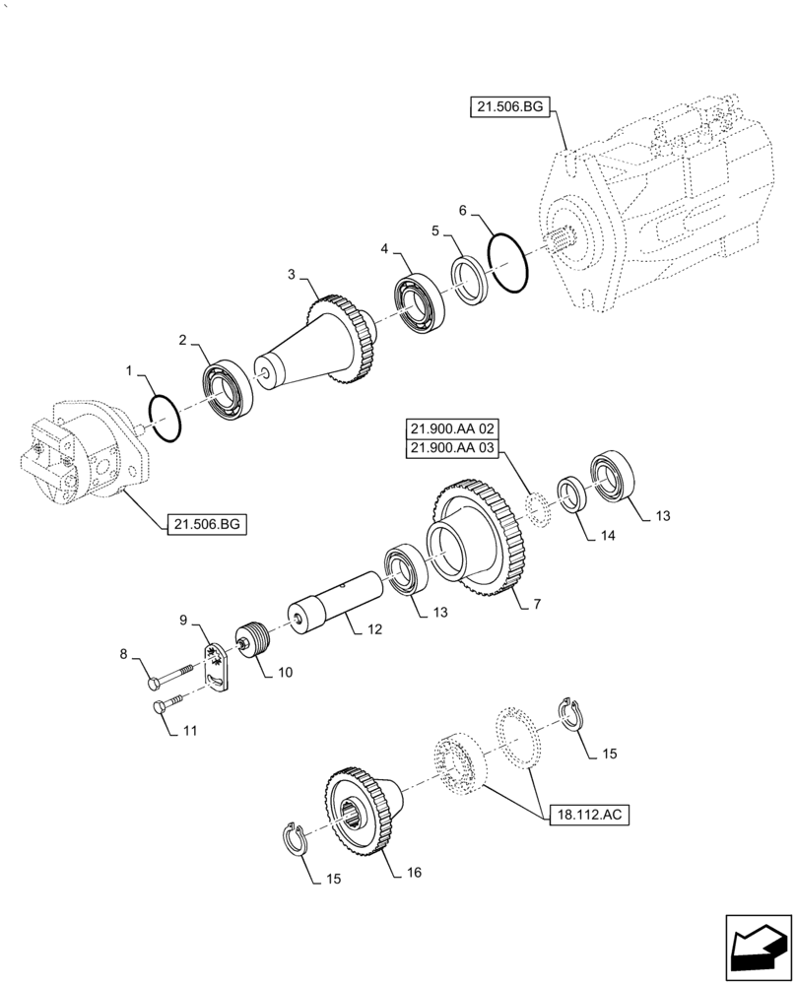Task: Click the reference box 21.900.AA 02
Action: click(x=451, y=429)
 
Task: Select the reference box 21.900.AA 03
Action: click(x=451, y=449)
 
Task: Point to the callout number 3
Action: click(x=291, y=274)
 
